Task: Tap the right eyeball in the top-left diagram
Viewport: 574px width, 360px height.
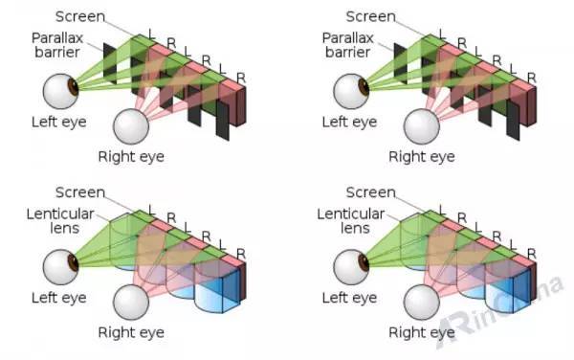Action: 131,125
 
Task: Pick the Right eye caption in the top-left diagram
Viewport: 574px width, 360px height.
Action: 131,155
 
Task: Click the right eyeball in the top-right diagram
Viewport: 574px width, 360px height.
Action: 421,125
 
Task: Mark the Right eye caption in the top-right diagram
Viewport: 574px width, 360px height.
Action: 421,155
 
